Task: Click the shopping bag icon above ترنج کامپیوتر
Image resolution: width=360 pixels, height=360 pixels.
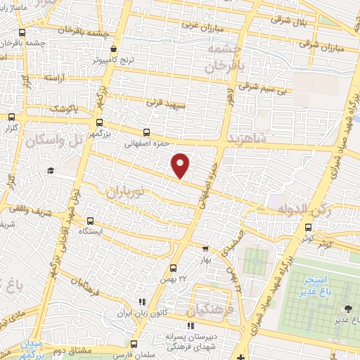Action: click(x=115, y=49)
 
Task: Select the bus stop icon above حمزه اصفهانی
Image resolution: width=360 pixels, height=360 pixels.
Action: click(x=146, y=131)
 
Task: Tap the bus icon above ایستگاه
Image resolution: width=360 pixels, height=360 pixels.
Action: click(x=90, y=221)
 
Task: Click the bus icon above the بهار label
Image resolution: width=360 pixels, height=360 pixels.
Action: click(x=205, y=248)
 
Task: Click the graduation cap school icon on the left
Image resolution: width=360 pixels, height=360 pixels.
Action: click(x=51, y=171)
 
